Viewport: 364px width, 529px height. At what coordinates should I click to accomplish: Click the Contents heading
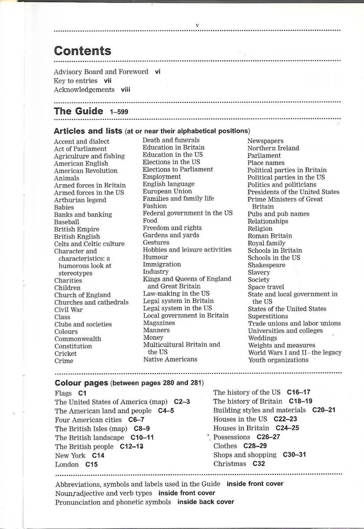click(83, 51)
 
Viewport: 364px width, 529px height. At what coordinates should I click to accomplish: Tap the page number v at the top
click(197, 25)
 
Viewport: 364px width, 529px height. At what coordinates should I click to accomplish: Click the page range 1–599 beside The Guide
click(119, 112)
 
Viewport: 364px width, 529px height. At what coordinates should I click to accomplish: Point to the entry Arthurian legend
click(80, 200)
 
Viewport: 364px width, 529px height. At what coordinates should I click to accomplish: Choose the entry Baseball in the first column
click(67, 222)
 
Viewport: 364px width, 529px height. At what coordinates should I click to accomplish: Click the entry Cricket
click(65, 354)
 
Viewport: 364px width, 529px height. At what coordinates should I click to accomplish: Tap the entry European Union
click(167, 191)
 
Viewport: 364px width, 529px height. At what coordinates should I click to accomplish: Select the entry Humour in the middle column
click(155, 257)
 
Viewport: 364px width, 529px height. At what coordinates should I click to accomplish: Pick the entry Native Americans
click(170, 359)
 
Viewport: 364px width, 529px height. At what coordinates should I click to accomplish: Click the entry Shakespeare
click(266, 265)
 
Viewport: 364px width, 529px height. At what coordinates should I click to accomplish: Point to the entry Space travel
click(266, 287)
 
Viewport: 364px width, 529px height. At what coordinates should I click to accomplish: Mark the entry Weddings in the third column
click(263, 338)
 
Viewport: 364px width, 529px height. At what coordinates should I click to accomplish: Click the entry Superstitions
click(268, 316)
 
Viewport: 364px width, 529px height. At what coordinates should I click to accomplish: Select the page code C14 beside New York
click(98, 455)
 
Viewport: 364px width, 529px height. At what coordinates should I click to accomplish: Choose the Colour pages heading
click(81, 383)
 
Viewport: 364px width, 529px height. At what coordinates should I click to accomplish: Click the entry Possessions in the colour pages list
click(232, 437)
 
